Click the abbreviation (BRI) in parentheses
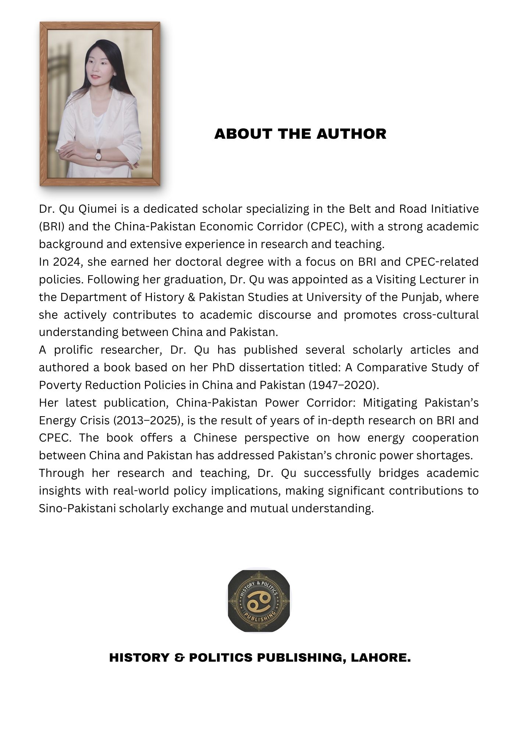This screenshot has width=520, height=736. click(x=52, y=227)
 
